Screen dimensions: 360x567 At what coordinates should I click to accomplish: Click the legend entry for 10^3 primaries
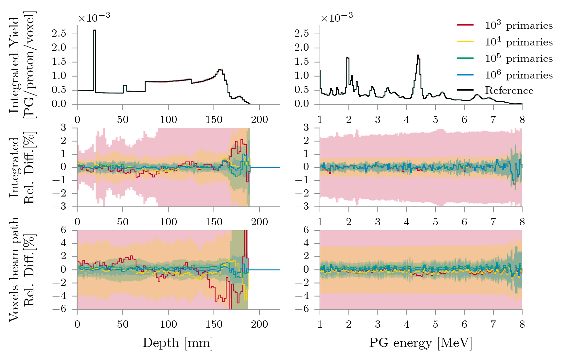(519, 26)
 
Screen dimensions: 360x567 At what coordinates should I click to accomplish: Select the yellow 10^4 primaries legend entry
(519, 42)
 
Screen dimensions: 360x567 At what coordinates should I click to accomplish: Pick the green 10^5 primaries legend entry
(519, 59)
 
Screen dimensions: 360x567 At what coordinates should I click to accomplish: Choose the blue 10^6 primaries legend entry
(519, 75)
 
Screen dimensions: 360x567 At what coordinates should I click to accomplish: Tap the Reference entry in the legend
(509, 91)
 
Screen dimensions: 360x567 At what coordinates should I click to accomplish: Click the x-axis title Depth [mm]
(178, 343)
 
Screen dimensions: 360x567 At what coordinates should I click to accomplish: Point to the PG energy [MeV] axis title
(420, 343)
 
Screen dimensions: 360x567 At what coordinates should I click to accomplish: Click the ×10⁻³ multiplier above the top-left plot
(94, 18)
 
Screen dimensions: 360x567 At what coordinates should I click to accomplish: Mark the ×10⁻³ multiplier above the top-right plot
(337, 18)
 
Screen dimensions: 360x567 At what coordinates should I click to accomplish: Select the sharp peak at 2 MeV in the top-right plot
(348, 58)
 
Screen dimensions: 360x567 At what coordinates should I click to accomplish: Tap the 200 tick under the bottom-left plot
(259, 324)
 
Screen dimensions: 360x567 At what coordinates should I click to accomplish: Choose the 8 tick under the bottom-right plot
(522, 324)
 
